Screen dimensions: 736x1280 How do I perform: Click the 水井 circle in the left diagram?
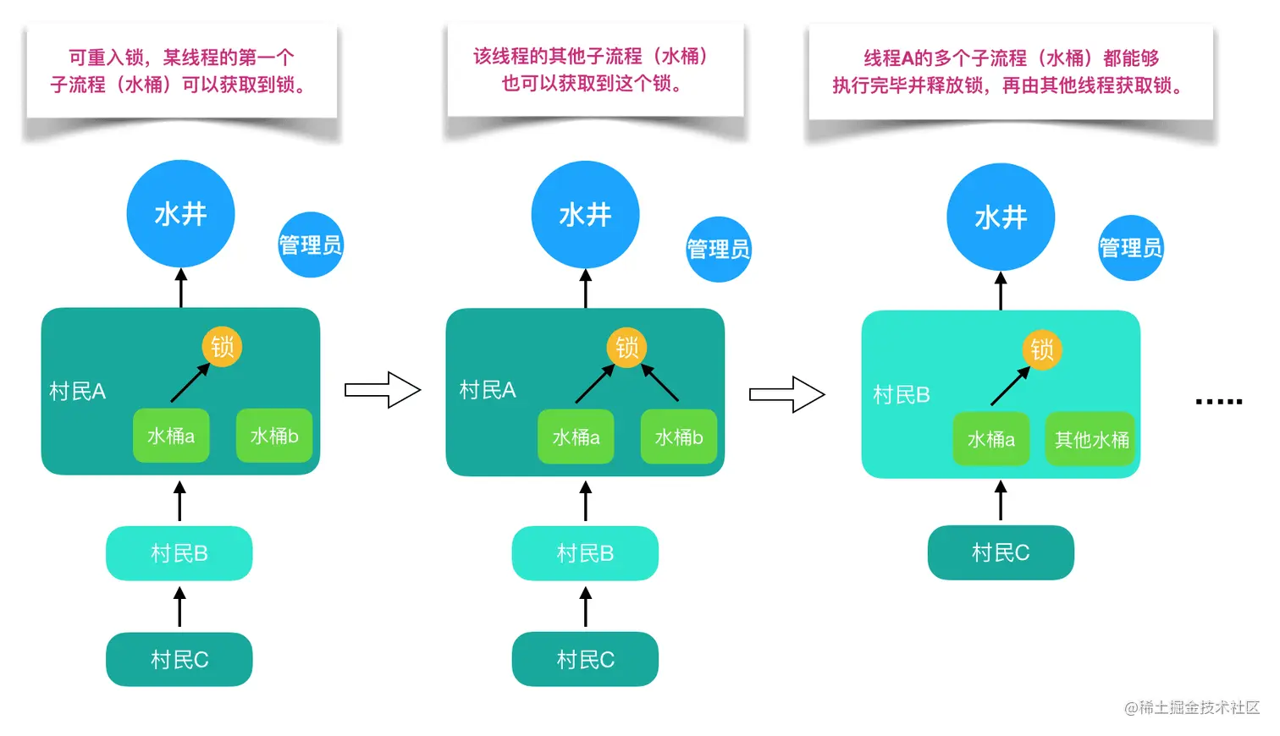tap(180, 214)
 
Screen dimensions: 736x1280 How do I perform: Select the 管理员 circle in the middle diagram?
tap(718, 249)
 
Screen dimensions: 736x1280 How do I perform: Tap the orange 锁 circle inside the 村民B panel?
tap(1041, 349)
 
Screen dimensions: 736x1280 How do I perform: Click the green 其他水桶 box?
tap(1091, 439)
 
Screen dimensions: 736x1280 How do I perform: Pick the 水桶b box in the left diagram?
tap(273, 436)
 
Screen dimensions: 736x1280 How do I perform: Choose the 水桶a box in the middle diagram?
tap(576, 437)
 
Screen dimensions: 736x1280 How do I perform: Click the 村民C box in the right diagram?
tap(1000, 552)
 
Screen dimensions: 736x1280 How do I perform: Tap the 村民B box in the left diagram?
tap(179, 553)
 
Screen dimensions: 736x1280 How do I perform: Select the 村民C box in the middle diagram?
tap(585, 659)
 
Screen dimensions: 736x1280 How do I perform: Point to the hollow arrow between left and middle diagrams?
tap(383, 390)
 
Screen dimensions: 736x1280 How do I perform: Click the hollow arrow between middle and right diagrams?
tap(786, 394)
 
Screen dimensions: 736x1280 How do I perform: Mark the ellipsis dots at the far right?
tap(1218, 401)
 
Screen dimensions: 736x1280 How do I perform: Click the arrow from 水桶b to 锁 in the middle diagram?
tap(660, 382)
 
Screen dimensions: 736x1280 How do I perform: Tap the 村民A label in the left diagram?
tap(77, 391)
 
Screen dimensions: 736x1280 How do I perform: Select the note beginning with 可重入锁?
tap(181, 71)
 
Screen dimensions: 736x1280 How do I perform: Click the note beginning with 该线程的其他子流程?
tap(594, 69)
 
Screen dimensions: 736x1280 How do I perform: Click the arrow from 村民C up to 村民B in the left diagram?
tap(179, 607)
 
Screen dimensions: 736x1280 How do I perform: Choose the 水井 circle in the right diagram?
tap(1000, 217)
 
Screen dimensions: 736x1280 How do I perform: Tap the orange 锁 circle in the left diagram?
tap(222, 346)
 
